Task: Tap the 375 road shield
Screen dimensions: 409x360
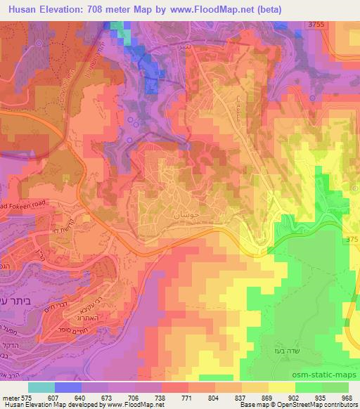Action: (x=352, y=240)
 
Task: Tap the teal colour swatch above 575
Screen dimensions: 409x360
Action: (x=41, y=387)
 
